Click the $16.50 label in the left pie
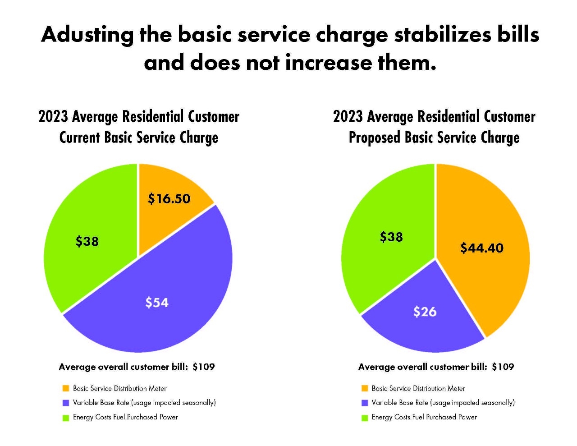[x=169, y=198]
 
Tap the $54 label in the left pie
[x=157, y=302]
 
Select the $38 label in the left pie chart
[x=87, y=242]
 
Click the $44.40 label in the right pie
[x=481, y=248]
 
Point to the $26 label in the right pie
[x=425, y=312]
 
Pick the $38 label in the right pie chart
[x=391, y=237]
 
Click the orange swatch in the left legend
[x=66, y=388]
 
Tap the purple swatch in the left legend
[x=66, y=403]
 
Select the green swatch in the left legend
[x=66, y=418]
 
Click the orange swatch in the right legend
[x=365, y=388]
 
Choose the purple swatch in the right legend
[x=365, y=403]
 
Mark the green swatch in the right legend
[x=365, y=418]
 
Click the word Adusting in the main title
[x=87, y=35]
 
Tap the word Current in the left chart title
[x=79, y=138]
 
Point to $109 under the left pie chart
[x=204, y=367]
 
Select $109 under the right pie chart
[x=503, y=367]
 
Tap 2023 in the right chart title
[x=348, y=117]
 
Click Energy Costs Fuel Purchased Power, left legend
[x=125, y=417]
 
